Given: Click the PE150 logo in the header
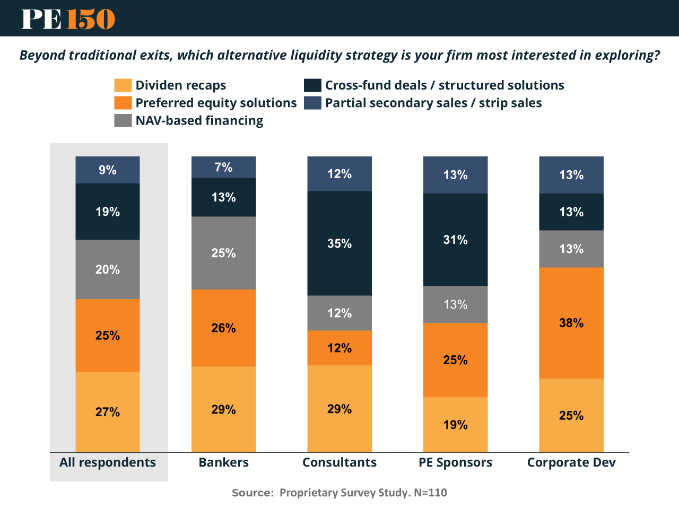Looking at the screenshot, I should click(x=68, y=19).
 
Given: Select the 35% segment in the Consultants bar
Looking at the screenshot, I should click(x=339, y=243).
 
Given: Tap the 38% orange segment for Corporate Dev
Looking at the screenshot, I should click(x=571, y=323).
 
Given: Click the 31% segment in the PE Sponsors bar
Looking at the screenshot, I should click(x=455, y=240).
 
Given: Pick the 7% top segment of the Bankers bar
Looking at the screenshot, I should click(x=223, y=167).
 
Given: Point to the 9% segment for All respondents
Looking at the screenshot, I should click(x=108, y=170).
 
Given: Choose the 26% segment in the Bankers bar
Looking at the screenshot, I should click(x=223, y=328).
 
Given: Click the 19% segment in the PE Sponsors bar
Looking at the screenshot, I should click(x=455, y=425).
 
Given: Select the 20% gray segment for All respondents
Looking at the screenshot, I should click(x=108, y=269).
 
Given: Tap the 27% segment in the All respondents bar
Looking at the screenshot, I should click(x=108, y=412).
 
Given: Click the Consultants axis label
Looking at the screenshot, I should click(x=339, y=462).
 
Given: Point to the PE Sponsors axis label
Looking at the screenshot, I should click(x=455, y=462).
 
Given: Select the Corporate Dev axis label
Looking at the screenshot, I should click(x=571, y=462).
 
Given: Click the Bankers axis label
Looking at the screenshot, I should click(x=223, y=462).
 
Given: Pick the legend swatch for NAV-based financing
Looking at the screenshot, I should click(x=123, y=120).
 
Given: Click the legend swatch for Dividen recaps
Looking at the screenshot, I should click(x=123, y=85).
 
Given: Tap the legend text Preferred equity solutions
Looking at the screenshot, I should click(x=216, y=103).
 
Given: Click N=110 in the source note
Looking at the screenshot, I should click(x=430, y=493).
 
